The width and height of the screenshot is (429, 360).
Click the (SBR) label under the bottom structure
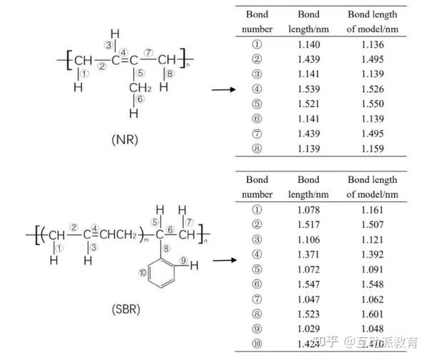[126, 309]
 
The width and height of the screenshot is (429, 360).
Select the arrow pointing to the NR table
[225, 89]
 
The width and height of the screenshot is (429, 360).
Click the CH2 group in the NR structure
[139, 87]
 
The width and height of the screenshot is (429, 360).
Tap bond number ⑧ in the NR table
[257, 149]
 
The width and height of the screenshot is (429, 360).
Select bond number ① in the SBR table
[257, 209]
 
